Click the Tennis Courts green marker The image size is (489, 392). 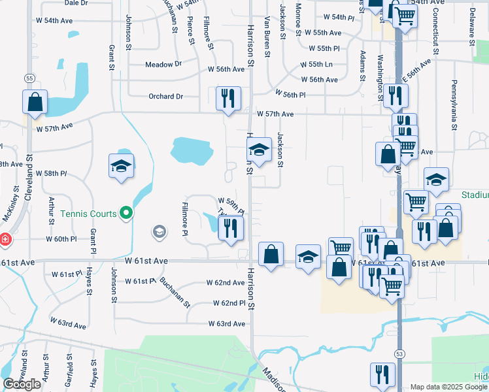pos(127,213)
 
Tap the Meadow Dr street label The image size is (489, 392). pos(163,65)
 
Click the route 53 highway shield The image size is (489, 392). pos(399,353)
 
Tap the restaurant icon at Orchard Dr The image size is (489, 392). pos(228,99)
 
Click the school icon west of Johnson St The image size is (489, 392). pos(122,167)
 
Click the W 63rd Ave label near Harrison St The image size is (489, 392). pos(227,324)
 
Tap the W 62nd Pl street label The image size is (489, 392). pos(229,304)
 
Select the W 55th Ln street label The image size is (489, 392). pos(316,65)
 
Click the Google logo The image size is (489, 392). pos(22,384)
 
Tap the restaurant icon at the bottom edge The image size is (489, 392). pos(382,376)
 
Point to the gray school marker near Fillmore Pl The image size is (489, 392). pos(159,231)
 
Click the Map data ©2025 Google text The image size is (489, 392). pos(448,387)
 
